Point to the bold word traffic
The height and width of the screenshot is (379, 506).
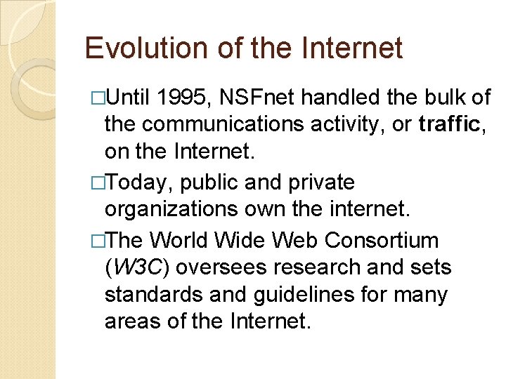449,125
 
